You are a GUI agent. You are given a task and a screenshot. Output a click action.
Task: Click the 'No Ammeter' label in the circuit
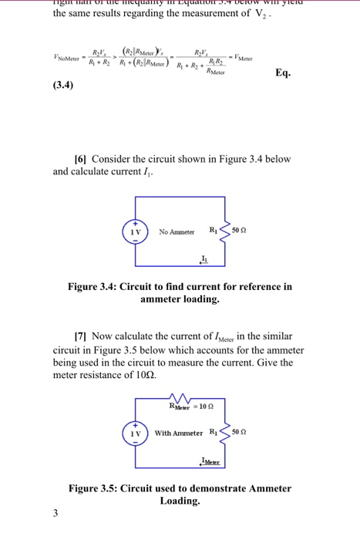[x=177, y=231]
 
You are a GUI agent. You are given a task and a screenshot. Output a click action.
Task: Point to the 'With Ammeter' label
[x=179, y=433]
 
